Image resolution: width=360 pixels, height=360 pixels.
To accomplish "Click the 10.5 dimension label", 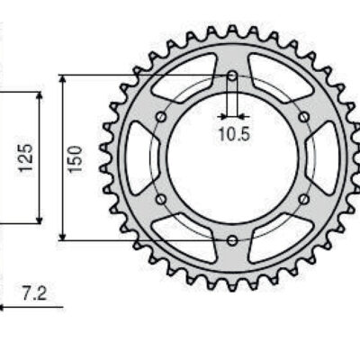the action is [x=234, y=134].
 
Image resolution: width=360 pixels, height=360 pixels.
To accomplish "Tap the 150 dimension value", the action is [x=75, y=158].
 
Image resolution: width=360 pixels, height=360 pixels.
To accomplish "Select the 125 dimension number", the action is [x=26, y=157].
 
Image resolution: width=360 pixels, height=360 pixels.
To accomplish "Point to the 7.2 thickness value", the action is [x=34, y=293].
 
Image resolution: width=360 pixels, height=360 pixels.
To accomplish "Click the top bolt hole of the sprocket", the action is [x=232, y=76].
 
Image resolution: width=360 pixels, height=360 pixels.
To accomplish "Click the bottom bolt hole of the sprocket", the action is [x=232, y=240].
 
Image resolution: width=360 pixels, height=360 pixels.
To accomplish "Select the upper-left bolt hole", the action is [x=161, y=117].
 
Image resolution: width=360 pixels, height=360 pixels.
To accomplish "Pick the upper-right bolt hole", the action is [x=304, y=117].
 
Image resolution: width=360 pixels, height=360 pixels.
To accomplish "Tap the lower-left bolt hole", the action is [x=161, y=199].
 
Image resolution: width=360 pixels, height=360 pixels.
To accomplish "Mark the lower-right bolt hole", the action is [x=304, y=199].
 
